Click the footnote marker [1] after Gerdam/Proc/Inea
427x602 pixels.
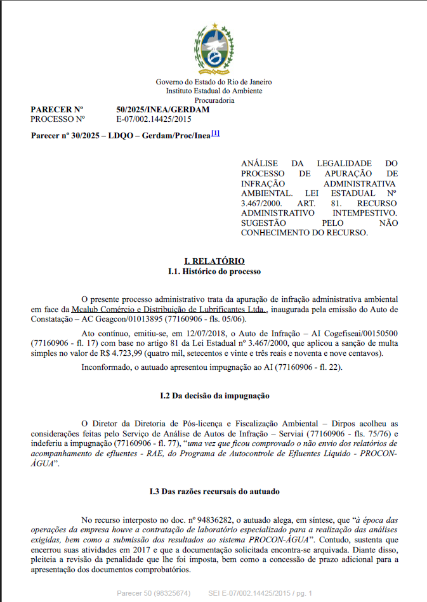[x=215, y=133]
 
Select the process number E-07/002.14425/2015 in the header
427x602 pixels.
[x=154, y=119]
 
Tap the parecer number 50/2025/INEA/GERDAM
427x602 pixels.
[x=163, y=110]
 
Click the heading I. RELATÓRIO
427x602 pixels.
[x=214, y=261]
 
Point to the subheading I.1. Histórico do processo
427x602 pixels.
[x=214, y=272]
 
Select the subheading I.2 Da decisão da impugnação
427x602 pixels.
[x=214, y=396]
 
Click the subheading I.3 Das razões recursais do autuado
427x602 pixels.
[x=214, y=492]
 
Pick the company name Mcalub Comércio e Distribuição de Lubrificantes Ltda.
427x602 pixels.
[x=169, y=309]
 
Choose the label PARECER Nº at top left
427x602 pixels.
[x=57, y=110]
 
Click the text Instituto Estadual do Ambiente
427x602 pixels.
[x=214, y=91]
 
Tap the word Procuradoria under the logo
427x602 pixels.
[x=214, y=100]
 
